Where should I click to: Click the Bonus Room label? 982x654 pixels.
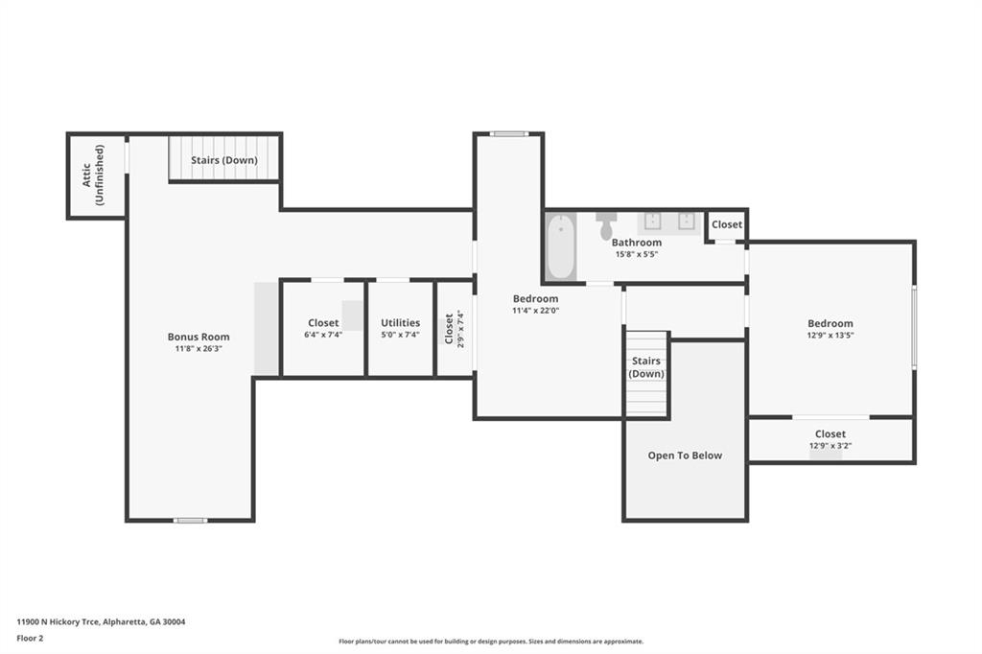pos(199,337)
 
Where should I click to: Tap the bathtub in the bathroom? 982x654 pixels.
pos(560,246)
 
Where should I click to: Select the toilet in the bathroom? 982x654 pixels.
pos(606,226)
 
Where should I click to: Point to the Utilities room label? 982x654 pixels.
pos(400,322)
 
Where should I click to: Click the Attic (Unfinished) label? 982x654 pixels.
pos(93,175)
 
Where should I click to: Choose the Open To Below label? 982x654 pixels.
pos(685,455)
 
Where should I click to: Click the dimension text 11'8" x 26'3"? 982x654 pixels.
pos(199,349)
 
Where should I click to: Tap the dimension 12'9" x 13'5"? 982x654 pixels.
pos(830,335)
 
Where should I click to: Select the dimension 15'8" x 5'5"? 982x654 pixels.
pos(637,254)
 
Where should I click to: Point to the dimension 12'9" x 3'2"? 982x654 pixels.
pos(830,446)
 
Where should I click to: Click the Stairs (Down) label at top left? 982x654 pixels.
pos(224,160)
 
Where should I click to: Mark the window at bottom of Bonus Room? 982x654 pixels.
pos(190,520)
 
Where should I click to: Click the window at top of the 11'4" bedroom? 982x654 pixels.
pos(508,133)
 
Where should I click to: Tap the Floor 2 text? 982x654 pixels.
pos(30,639)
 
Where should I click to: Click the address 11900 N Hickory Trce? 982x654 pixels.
pos(58,622)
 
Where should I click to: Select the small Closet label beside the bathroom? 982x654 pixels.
pos(727,224)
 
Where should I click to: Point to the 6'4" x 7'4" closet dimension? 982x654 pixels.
pos(323,335)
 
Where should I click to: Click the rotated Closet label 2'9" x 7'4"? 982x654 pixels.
pos(454,329)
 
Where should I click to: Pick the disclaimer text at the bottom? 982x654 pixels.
pos(491,642)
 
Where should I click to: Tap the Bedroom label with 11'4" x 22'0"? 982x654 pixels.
pos(535,299)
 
